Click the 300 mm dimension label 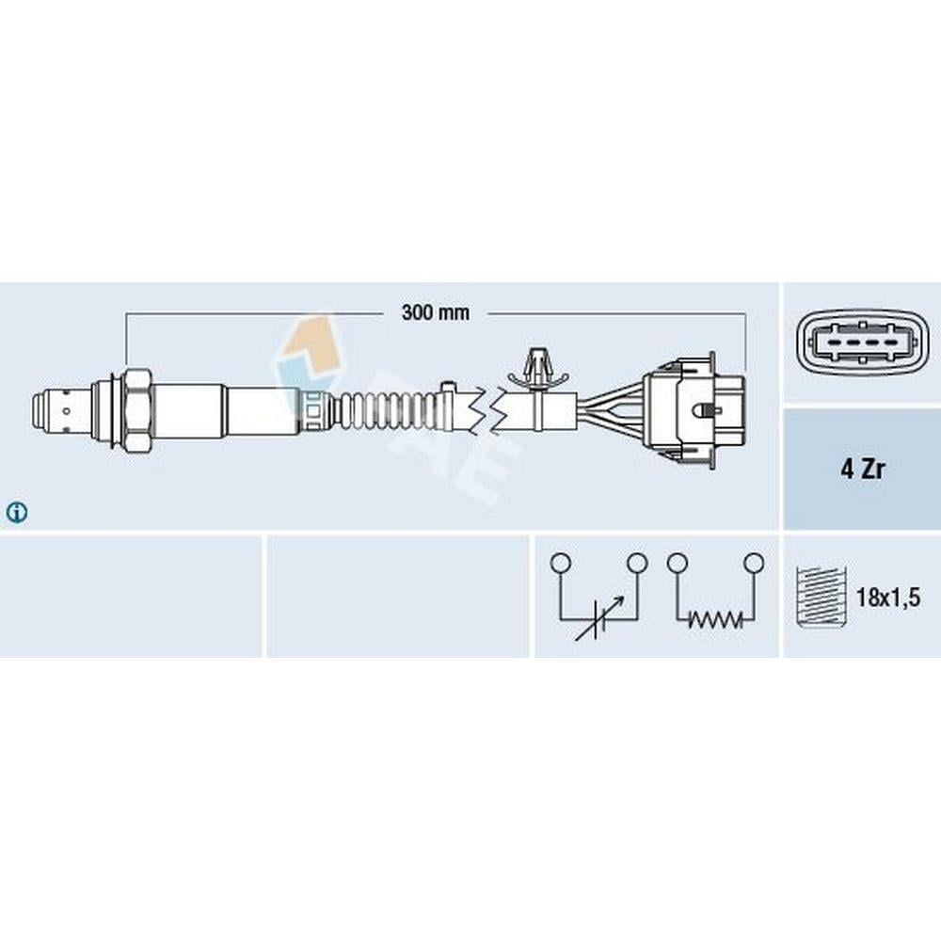click(x=435, y=312)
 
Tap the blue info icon click(x=16, y=512)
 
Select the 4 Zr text click(x=862, y=470)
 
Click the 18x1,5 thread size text click(x=887, y=598)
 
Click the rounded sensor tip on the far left click(x=45, y=411)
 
